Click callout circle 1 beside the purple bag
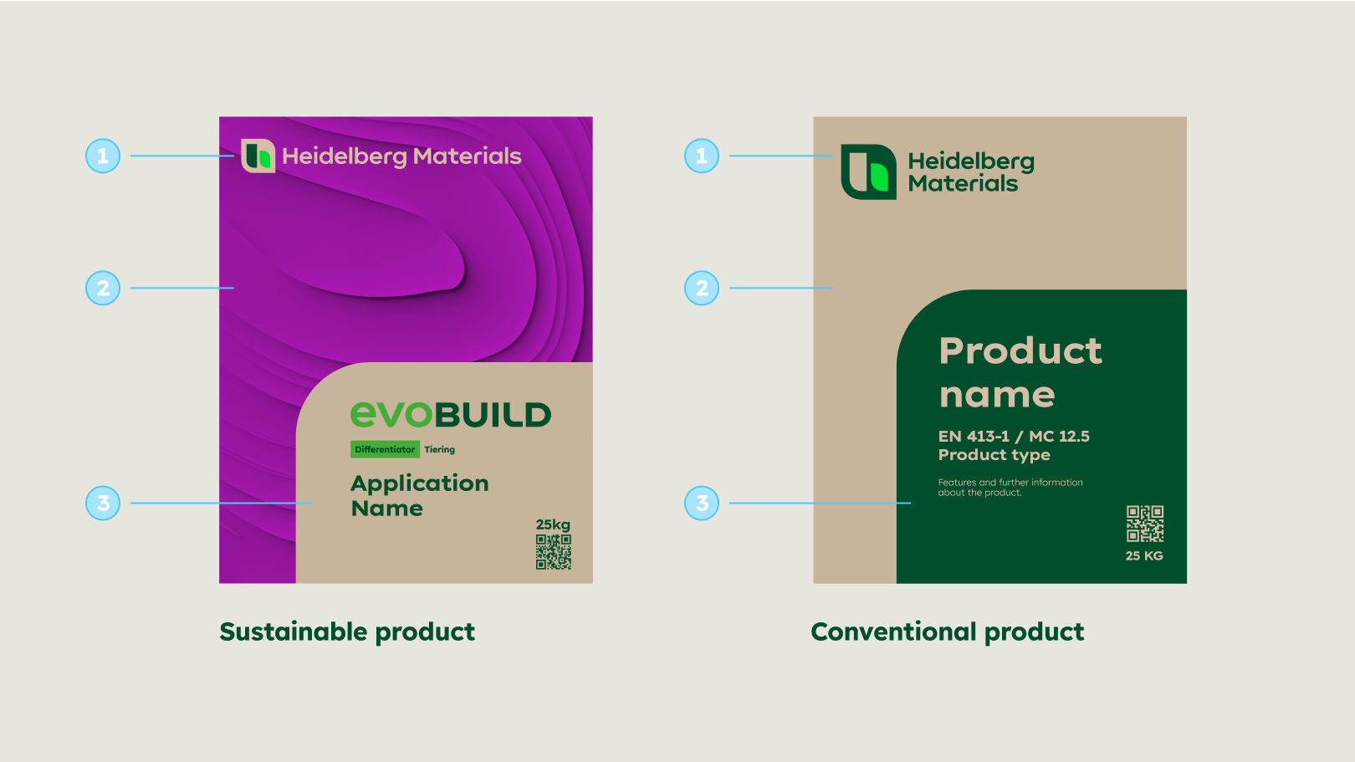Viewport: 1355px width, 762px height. point(103,156)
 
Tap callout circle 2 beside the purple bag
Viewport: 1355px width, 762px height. point(103,288)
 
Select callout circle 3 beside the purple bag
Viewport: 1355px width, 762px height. point(103,504)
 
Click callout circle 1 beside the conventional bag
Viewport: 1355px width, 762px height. point(702,156)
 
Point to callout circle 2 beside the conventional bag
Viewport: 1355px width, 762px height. point(702,288)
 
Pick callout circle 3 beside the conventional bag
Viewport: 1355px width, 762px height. point(702,504)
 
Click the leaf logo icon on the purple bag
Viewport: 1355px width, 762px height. point(258,156)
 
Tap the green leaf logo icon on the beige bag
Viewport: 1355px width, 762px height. point(869,171)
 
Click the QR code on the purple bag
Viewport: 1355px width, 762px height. point(554,552)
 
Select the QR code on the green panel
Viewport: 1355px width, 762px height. point(1145,524)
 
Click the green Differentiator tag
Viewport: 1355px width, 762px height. point(385,449)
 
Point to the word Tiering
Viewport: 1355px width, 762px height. point(440,449)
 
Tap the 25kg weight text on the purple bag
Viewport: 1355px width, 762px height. point(553,524)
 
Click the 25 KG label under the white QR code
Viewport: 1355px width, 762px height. point(1144,555)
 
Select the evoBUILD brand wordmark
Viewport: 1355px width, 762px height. point(451,414)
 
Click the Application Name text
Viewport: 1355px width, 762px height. point(420,495)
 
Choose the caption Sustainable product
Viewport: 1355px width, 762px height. point(347,632)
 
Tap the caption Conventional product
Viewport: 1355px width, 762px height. point(948,632)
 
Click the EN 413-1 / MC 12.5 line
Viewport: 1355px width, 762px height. point(1014,436)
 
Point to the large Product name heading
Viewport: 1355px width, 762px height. point(1020,372)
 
